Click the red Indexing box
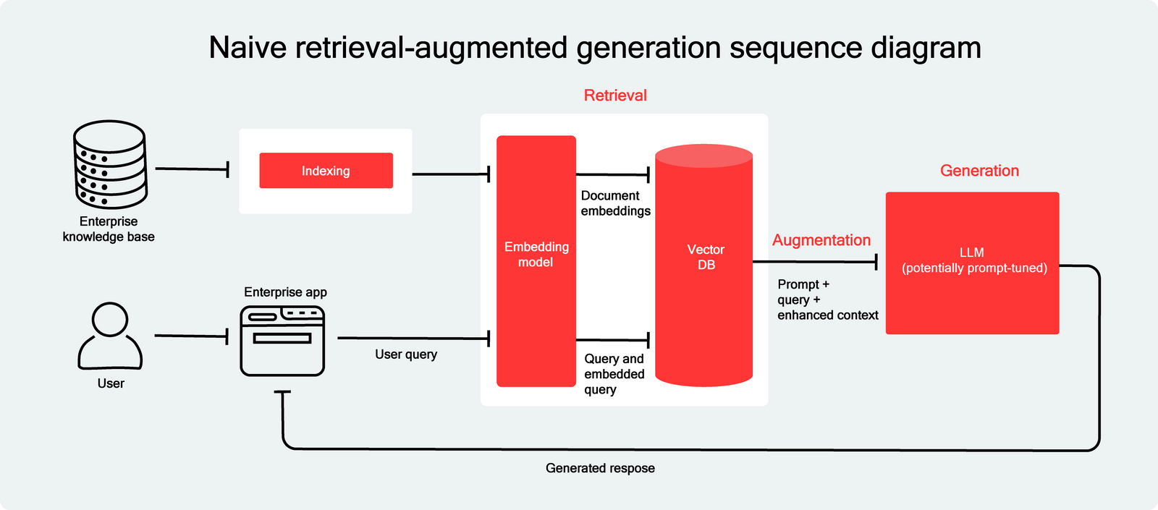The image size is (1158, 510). coord(326,171)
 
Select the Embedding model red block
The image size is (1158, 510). coord(536,260)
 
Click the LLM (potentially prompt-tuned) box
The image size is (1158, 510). coord(972,262)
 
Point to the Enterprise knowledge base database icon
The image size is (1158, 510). coord(110,164)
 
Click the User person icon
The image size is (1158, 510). coord(110,336)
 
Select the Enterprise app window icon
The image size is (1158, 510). coord(282,341)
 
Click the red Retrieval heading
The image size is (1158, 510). coord(615,95)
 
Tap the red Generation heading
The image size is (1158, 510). coord(979,171)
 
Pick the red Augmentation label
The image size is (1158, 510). coord(821,240)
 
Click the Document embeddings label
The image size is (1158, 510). coord(615,203)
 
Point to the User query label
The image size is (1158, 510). coord(406,354)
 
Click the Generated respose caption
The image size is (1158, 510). coord(600,468)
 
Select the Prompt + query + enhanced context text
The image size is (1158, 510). coord(827,299)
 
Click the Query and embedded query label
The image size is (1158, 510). coord(614,374)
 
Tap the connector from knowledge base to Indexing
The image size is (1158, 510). coord(192,169)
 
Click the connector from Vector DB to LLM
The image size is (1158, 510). coord(815,262)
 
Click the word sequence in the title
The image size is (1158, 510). coord(794,48)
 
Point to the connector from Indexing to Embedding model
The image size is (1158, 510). coord(451,174)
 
